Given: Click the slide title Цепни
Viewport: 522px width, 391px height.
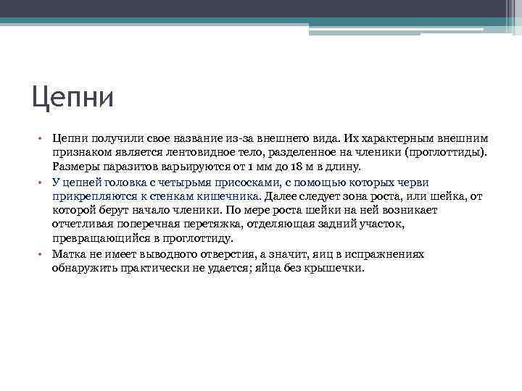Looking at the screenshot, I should (x=72, y=96).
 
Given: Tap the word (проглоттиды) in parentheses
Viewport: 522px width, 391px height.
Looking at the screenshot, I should (x=446, y=153).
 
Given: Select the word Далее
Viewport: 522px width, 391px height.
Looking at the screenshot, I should (x=281, y=195).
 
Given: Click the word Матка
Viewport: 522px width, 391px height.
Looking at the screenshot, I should (x=67, y=254).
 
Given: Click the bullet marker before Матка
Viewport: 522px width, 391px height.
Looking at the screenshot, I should (x=43, y=254).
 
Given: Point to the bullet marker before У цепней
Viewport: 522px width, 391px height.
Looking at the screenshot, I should (x=43, y=182).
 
